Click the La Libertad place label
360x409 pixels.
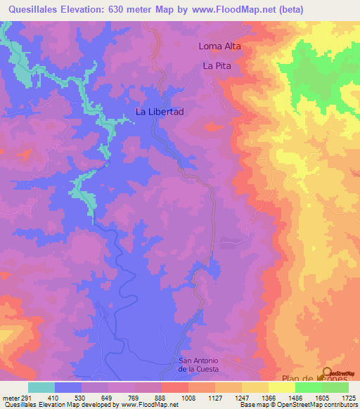160,112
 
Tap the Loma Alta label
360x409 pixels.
219,46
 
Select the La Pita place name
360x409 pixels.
217,65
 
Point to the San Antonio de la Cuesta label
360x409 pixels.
199,365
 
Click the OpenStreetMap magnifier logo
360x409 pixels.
328,375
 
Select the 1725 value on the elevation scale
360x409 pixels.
347,397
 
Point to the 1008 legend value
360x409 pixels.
188,397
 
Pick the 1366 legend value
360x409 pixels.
268,397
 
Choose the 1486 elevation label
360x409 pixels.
295,397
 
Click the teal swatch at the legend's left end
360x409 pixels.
41,387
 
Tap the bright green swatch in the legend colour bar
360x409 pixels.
309,387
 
